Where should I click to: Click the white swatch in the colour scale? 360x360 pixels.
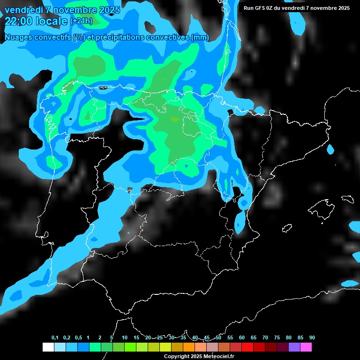pos(48,347)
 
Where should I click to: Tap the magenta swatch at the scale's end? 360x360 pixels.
pos(306,347)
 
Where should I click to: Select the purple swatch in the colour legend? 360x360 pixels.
pos(294,347)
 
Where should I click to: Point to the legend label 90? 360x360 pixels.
pos(312,337)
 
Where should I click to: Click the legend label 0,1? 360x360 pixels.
pos(55,337)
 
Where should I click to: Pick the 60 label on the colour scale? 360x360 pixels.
pos(242,337)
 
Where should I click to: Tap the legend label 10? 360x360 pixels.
pos(125,337)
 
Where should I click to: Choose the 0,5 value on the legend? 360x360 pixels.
pos(78,337)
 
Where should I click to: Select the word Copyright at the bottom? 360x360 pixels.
pos(177,356)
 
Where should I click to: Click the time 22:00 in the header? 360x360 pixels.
pos(18,21)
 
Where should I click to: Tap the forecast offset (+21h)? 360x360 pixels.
pos(81,21)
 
